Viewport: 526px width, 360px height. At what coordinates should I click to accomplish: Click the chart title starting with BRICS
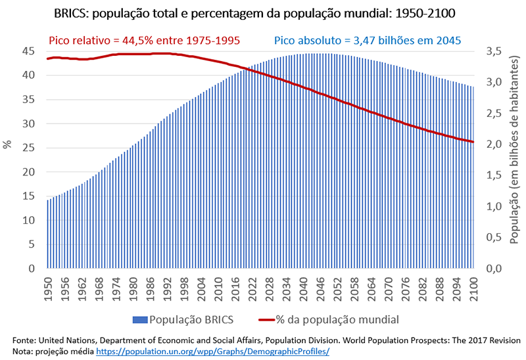tap(263, 12)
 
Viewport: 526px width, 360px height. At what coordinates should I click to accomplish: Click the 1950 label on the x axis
tap(48, 288)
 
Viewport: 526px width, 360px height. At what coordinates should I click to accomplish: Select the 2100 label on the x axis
tap(472, 288)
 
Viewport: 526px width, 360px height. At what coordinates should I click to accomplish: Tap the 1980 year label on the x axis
tap(133, 288)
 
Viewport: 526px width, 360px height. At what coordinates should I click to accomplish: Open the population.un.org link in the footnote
tap(212, 351)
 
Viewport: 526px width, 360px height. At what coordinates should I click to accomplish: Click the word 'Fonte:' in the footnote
tap(26, 340)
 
